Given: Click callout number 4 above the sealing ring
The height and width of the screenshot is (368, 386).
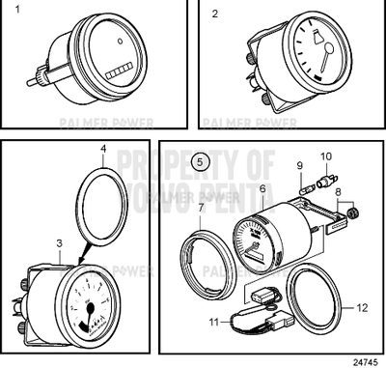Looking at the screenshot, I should (x=104, y=150).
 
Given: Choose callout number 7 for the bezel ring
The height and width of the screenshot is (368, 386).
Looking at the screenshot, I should (x=201, y=207).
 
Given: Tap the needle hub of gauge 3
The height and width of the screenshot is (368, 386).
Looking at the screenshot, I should (x=91, y=311).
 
